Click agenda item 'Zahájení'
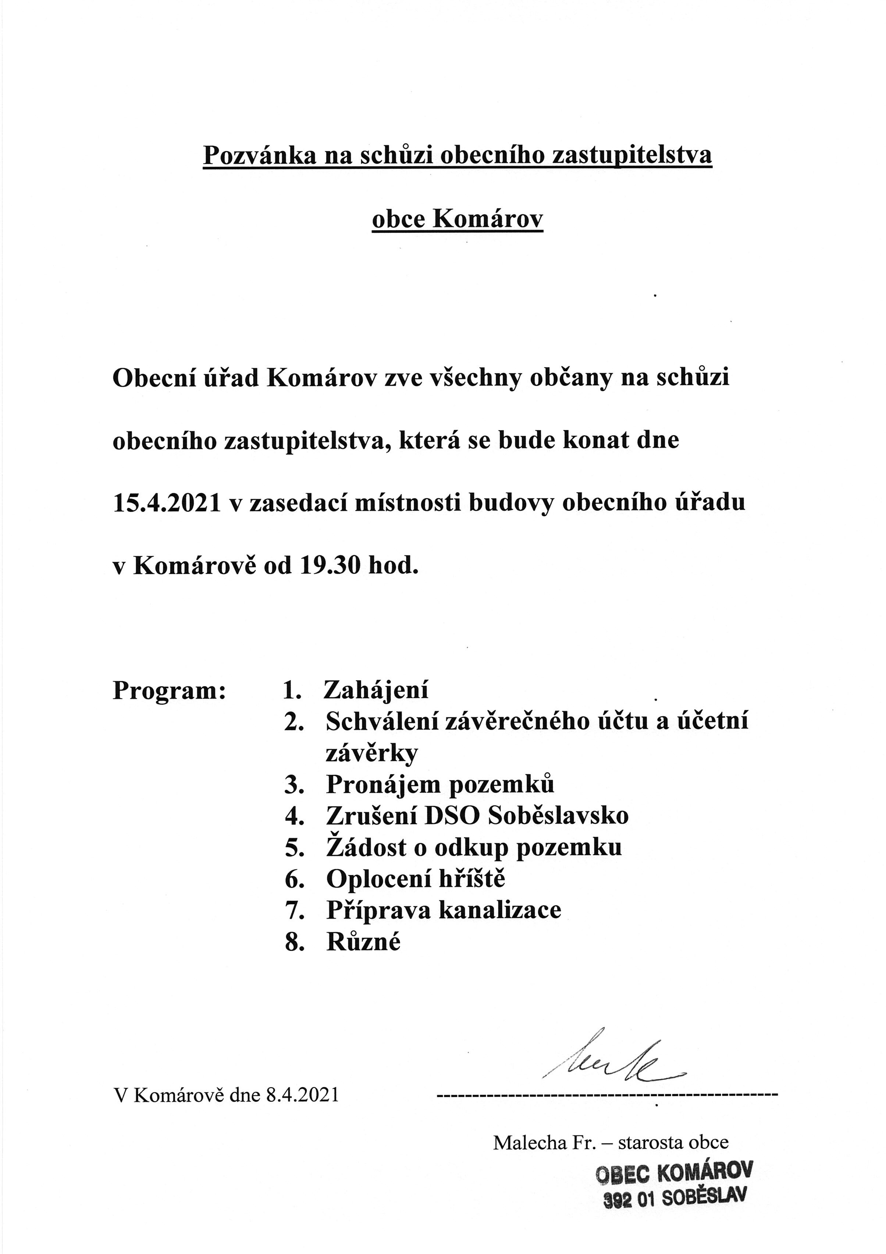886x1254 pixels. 376,690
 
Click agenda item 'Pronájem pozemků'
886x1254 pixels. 440,784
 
